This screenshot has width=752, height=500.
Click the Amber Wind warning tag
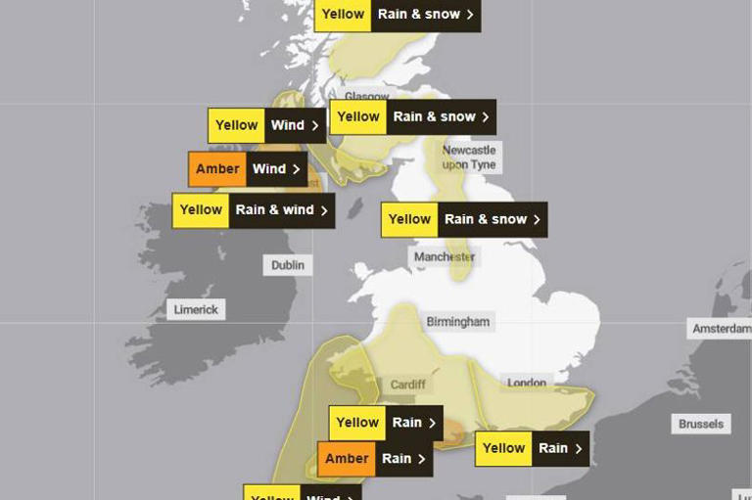click(x=248, y=169)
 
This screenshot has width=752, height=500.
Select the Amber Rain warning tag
click(x=375, y=459)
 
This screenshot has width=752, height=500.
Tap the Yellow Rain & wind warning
click(x=254, y=210)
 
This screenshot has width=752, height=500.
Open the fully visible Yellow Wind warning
click(x=266, y=125)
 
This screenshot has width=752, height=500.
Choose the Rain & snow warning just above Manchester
click(x=464, y=220)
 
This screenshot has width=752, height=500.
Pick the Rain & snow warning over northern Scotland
click(x=398, y=15)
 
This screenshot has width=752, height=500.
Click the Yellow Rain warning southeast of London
click(x=533, y=448)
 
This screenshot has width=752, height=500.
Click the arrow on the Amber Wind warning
click(x=297, y=169)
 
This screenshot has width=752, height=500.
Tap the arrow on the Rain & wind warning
click(x=324, y=210)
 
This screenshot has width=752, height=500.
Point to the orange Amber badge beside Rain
click(x=347, y=459)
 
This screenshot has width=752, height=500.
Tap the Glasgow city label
click(x=367, y=97)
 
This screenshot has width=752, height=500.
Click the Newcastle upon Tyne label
click(x=469, y=157)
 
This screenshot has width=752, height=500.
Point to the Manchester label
click(x=444, y=256)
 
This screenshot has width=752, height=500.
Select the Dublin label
click(x=288, y=265)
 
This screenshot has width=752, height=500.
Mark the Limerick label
click(x=196, y=309)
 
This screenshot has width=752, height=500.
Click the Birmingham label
click(x=457, y=321)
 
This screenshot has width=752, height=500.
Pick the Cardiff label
click(x=408, y=385)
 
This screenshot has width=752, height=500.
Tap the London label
click(x=527, y=383)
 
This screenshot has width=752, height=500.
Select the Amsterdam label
click(x=721, y=329)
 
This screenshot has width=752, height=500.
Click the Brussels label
click(x=701, y=424)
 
